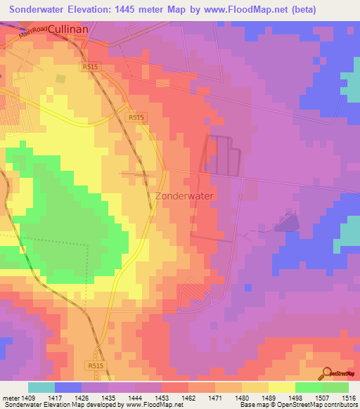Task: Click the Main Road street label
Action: point(33,30)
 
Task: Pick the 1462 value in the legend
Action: point(189,397)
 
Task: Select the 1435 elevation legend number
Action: point(109,397)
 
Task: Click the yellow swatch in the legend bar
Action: point(282,387)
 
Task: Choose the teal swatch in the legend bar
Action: point(41,387)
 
